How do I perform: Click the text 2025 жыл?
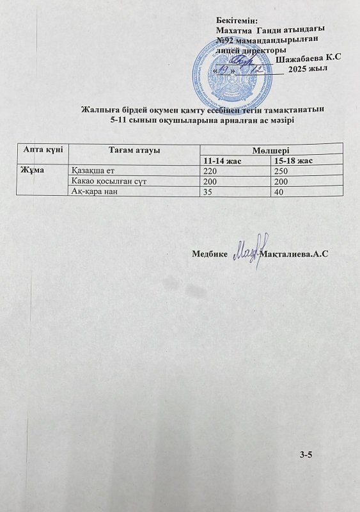point(308,68)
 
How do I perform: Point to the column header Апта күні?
point(42,149)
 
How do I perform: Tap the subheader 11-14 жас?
point(221,161)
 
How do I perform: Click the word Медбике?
point(209,254)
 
